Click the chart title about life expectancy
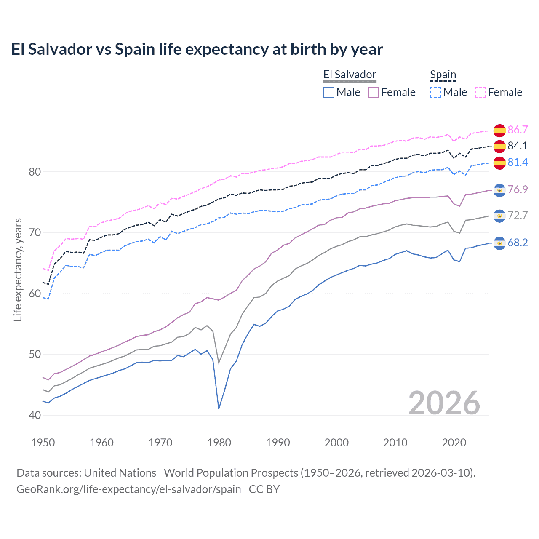click(x=197, y=49)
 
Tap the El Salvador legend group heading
click(x=350, y=75)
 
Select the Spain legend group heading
click(x=443, y=75)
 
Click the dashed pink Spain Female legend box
click(x=480, y=92)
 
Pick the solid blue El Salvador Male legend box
click(x=329, y=92)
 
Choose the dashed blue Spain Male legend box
click(x=435, y=92)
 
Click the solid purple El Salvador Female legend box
click(x=374, y=92)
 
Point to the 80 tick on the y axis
click(x=35, y=172)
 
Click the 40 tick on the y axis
click(x=35, y=415)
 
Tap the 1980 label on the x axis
click(x=219, y=443)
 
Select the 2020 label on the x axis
click(x=454, y=443)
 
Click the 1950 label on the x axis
click(x=43, y=443)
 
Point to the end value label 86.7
click(x=518, y=130)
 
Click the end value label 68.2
click(x=518, y=243)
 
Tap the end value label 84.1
click(x=518, y=146)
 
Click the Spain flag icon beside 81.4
click(x=499, y=163)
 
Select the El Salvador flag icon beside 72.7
click(x=499, y=216)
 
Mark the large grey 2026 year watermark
click(x=444, y=403)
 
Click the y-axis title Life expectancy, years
click(x=18, y=269)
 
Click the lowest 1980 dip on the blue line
click(x=219, y=408)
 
